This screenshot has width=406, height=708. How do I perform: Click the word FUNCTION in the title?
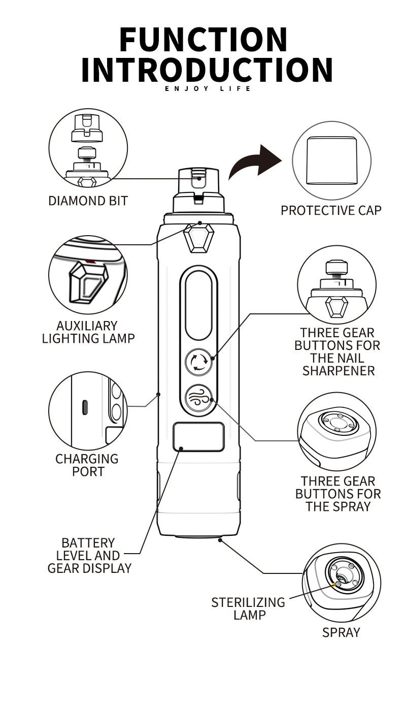click(204, 40)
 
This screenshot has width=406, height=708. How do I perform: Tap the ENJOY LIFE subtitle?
click(208, 89)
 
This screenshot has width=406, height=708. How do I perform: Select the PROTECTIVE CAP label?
click(331, 210)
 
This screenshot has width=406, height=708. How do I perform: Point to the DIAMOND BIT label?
click(88, 201)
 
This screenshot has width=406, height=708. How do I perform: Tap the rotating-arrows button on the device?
click(198, 362)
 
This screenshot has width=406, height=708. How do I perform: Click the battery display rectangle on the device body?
click(198, 437)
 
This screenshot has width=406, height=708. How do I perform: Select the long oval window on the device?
click(198, 304)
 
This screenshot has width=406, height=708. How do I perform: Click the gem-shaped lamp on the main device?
click(198, 238)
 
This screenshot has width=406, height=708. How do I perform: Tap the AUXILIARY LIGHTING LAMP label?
click(88, 332)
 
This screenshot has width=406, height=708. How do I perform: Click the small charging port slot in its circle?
click(85, 406)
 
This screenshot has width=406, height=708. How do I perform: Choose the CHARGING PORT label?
click(87, 465)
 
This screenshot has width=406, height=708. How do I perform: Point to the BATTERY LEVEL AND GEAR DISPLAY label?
click(89, 556)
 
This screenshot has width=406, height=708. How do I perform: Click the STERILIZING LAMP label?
click(248, 608)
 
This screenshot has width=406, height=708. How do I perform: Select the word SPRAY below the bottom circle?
click(341, 632)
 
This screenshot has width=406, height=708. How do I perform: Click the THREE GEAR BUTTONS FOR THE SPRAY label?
click(338, 494)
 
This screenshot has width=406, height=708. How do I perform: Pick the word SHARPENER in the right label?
click(338, 371)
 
